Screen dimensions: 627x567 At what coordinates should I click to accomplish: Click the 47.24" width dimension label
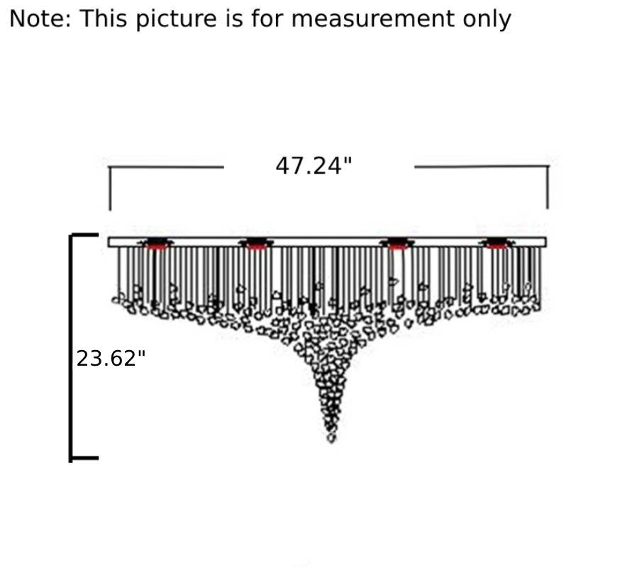[x=313, y=166]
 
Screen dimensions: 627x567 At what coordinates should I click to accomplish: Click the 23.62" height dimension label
[x=111, y=358]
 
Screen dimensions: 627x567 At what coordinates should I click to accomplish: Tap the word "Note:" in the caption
[x=40, y=18]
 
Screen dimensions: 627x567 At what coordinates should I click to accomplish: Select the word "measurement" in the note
[x=372, y=18]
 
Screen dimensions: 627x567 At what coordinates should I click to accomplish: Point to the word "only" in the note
[x=487, y=19]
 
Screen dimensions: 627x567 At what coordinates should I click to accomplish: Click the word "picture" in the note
[x=177, y=19]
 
